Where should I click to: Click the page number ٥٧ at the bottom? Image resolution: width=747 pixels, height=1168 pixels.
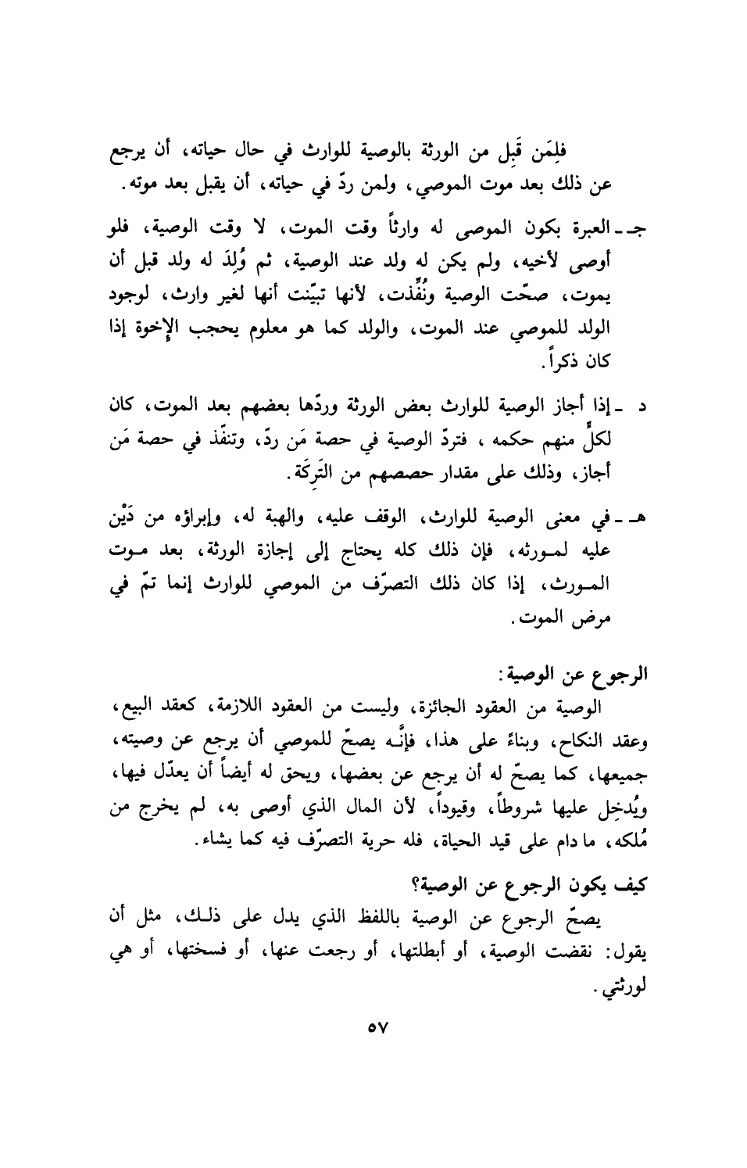point(377,1047)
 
